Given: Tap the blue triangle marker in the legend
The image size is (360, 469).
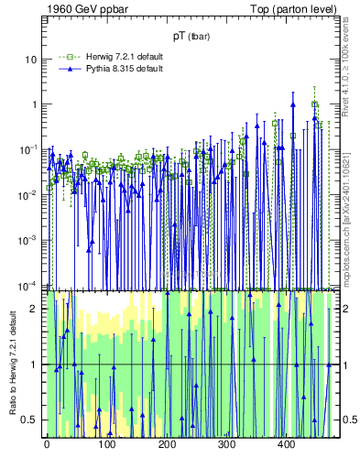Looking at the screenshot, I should coord(64,70).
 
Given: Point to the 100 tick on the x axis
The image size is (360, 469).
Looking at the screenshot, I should coord(106,445).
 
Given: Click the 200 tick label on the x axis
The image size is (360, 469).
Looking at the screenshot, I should coord(167,445).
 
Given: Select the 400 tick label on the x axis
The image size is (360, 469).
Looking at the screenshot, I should coord(287,445).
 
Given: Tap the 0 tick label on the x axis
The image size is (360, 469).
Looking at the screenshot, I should coord(47,445).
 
